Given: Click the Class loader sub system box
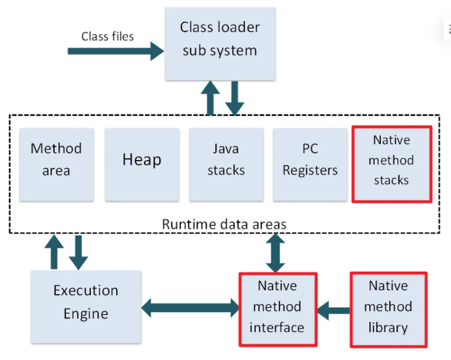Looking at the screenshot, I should (x=220, y=43).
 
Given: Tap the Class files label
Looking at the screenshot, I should (x=107, y=36).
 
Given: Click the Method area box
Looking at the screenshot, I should (x=57, y=165).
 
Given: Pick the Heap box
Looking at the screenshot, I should (x=142, y=165).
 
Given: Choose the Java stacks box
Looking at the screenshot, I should (x=226, y=165).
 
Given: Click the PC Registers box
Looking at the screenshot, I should (x=310, y=165).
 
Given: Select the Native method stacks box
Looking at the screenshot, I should (x=391, y=164).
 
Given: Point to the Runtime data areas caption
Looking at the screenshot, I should (x=224, y=224).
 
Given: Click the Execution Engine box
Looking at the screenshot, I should (x=86, y=307).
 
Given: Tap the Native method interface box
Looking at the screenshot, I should (x=277, y=309).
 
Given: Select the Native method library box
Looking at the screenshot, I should (x=388, y=309).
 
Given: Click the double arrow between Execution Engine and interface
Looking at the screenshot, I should (x=190, y=308).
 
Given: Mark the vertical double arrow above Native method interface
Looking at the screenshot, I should (x=275, y=253).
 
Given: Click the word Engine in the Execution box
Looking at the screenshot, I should (x=86, y=314).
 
